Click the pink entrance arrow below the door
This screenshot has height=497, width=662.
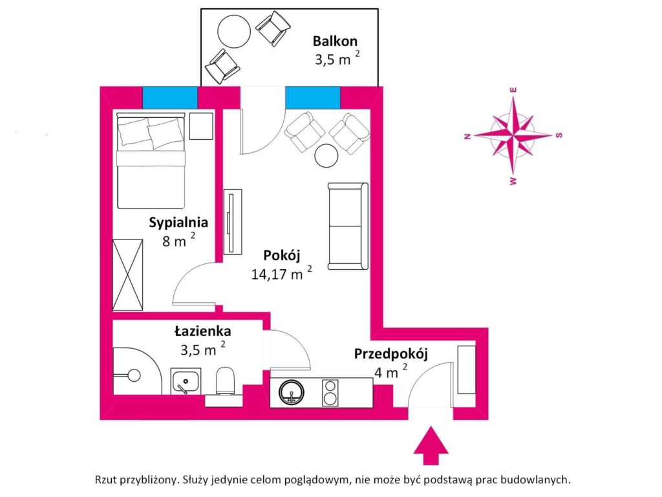pos(430,446)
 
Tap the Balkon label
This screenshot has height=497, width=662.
pos(335,41)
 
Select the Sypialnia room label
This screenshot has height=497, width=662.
pos(178,223)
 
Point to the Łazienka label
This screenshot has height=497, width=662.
pos(203,331)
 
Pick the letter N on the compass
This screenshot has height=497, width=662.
pos(466,136)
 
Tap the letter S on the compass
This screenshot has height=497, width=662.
pos(560,135)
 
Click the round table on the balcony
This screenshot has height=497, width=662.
pos(233,30)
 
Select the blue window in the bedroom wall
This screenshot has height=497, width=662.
pos(169,97)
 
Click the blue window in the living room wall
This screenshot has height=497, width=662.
pos(312,97)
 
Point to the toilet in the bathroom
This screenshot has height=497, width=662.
pos(226,381)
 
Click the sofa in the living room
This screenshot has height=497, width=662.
pos(348,226)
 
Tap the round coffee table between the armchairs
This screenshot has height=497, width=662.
pos(326,155)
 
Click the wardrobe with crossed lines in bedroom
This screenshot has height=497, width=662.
pos(127,274)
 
